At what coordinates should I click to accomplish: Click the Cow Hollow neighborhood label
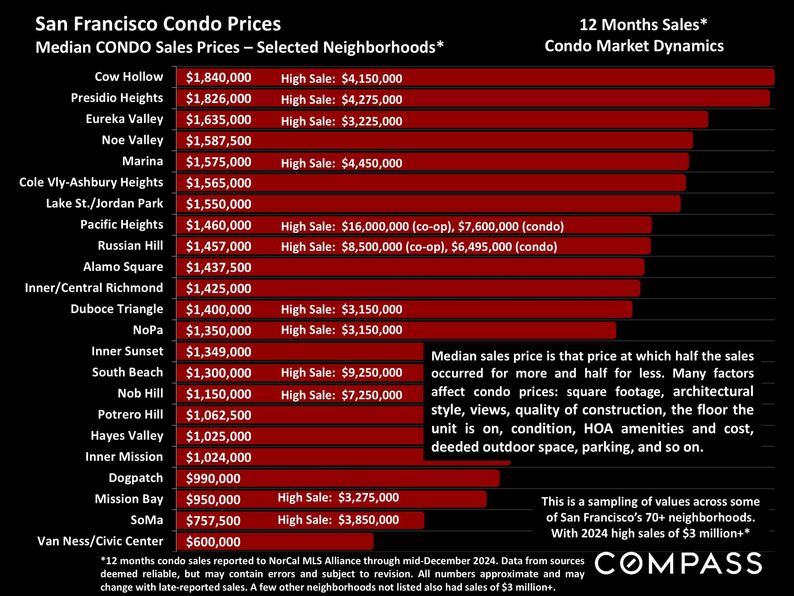tap(129, 77)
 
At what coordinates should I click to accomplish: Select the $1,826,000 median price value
tap(219, 99)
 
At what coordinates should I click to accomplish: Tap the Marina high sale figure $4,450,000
tap(372, 163)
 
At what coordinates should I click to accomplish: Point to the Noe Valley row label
tap(132, 140)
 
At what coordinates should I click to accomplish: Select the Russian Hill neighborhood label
tap(130, 246)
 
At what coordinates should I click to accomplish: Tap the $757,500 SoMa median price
tap(213, 521)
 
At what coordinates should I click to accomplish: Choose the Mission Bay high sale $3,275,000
tap(368, 497)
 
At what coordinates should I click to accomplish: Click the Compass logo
tap(678, 563)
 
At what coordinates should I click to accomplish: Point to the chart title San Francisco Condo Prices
tap(158, 24)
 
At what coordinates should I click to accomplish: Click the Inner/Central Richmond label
tap(94, 288)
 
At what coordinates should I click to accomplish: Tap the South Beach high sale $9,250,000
tap(372, 373)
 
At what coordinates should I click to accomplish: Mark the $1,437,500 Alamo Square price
tap(219, 268)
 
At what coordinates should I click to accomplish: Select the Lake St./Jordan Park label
tap(104, 203)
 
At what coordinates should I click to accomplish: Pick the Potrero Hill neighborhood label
tap(130, 415)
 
